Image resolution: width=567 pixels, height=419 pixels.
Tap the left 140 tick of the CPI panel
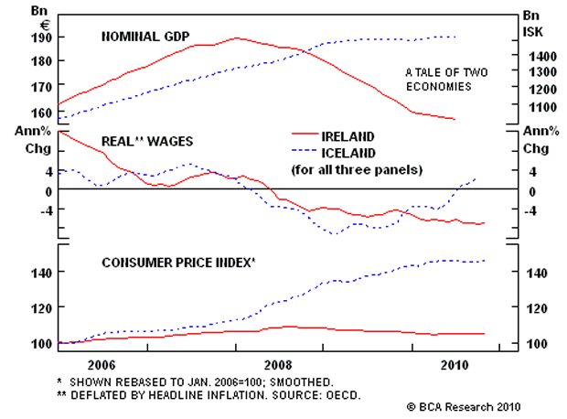tap(42, 273)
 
